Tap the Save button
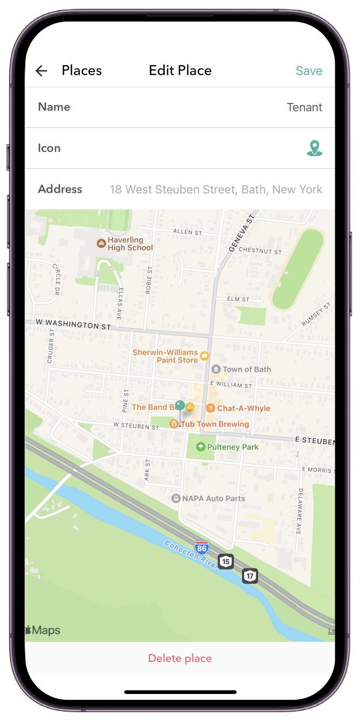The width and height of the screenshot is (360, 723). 309,71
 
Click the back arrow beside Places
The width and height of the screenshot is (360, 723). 41,71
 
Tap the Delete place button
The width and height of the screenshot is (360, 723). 180,658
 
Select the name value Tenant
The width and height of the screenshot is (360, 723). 304,107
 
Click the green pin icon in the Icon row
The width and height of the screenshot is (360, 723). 314,148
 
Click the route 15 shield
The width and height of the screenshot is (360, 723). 225,561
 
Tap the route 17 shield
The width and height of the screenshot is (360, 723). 250,575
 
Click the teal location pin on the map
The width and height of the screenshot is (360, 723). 180,406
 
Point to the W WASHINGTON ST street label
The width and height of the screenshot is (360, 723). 73,324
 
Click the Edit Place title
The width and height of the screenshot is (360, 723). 180,71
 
